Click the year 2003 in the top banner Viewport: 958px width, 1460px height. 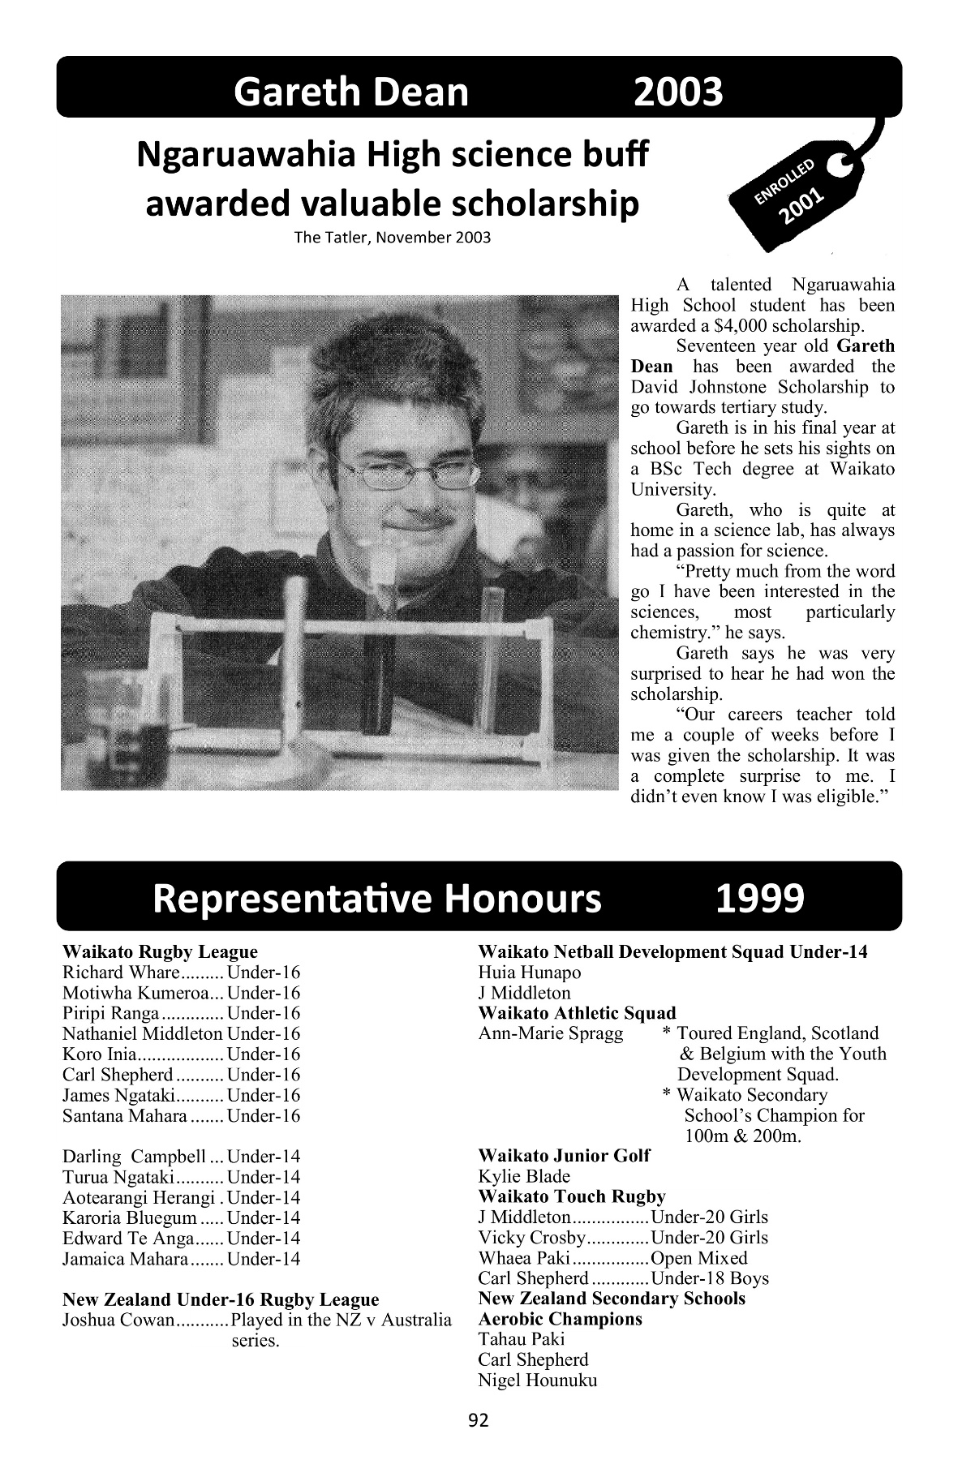click(678, 92)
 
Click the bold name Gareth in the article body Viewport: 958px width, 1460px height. click(867, 346)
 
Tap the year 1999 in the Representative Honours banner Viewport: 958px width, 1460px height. click(760, 898)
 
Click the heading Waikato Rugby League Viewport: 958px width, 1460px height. click(160, 951)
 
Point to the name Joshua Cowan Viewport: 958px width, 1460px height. click(118, 1320)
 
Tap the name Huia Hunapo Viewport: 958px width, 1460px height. click(530, 973)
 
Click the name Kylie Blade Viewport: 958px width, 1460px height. click(525, 1176)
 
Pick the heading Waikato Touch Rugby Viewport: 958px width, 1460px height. click(572, 1196)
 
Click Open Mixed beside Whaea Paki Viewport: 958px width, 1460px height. click(699, 1258)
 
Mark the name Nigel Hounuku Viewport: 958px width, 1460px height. click(538, 1381)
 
